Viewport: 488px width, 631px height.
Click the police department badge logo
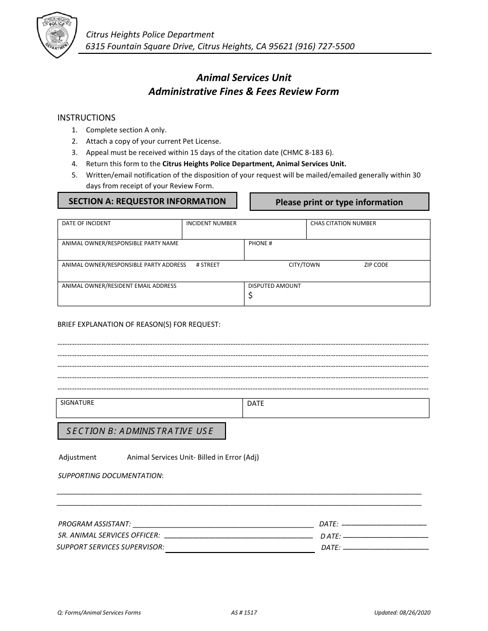[x=57, y=35]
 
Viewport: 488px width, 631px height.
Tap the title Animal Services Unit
[x=243, y=77]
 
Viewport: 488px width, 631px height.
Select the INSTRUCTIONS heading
[x=86, y=117]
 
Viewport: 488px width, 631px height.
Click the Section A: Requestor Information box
[x=147, y=201]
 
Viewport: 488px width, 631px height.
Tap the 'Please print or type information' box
[x=339, y=202]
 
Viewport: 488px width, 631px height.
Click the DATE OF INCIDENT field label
[x=86, y=224]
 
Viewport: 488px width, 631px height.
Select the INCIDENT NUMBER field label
[x=211, y=224]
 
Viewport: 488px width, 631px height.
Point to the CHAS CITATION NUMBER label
[x=343, y=224]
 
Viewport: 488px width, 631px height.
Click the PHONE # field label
[x=260, y=243]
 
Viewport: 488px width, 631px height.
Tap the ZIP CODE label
[x=376, y=265]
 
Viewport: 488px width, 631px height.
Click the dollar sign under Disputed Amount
[x=250, y=295]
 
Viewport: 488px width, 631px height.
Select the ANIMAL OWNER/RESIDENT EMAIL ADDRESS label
[x=119, y=286]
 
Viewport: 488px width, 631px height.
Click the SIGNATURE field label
[x=77, y=403]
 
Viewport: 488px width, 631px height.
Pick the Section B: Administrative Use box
[x=141, y=431]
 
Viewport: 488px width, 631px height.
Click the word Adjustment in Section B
[x=78, y=457]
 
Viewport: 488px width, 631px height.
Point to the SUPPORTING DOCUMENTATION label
[x=110, y=476]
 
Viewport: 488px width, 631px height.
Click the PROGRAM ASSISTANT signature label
[x=95, y=524]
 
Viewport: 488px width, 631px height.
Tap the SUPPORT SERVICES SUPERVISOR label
[x=110, y=547]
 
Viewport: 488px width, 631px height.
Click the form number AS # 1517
[x=244, y=613]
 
